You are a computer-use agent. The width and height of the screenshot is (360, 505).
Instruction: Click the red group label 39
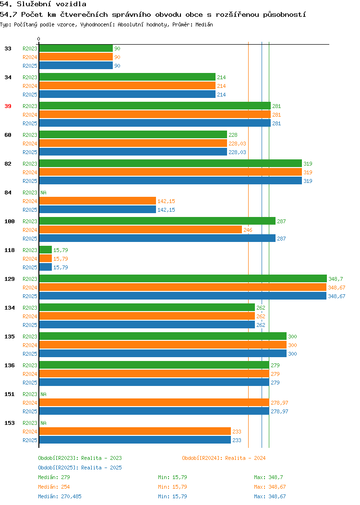pyautogui.click(x=8, y=106)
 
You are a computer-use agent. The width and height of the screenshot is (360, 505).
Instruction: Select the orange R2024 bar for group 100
pyautogui.click(x=140, y=229)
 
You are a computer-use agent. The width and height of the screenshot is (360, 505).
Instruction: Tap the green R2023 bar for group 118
pyautogui.click(x=46, y=250)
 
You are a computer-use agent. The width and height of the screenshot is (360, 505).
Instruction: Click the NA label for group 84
pyautogui.click(x=44, y=192)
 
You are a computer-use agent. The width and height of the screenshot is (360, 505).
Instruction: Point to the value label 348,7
pyautogui.click(x=336, y=279)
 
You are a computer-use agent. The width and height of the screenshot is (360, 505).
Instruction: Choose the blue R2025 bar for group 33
pyautogui.click(x=76, y=65)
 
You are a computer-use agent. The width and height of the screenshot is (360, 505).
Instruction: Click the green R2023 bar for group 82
pyautogui.click(x=171, y=163)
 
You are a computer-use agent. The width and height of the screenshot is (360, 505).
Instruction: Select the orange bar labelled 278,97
pyautogui.click(x=154, y=402)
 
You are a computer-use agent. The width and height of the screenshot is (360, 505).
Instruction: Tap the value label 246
pyautogui.click(x=248, y=230)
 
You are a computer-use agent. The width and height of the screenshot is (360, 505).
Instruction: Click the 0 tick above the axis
pyautogui.click(x=39, y=39)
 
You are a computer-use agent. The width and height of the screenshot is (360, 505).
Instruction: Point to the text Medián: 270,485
pyautogui.click(x=60, y=496)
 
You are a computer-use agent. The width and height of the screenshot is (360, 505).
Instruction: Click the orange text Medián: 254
pyautogui.click(x=54, y=487)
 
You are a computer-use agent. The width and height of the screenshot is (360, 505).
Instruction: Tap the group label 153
pyautogui.click(x=10, y=423)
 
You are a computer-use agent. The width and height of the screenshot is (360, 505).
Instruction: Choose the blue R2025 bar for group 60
pyautogui.click(x=133, y=152)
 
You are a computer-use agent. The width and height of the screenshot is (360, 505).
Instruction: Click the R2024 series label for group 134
pyautogui.click(x=30, y=316)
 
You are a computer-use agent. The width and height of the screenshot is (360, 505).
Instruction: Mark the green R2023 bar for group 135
pyautogui.click(x=163, y=336)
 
